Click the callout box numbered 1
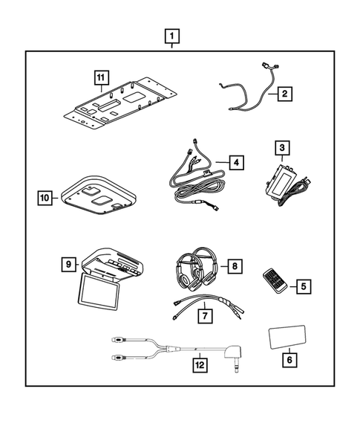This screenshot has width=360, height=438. click(172, 35)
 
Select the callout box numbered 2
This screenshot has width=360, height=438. click(284, 94)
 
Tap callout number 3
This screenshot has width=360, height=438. click(281, 148)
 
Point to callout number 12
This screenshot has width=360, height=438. click(199, 365)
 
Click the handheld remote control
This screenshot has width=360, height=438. click(275, 283)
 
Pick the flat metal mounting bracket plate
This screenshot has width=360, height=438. click(119, 104)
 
